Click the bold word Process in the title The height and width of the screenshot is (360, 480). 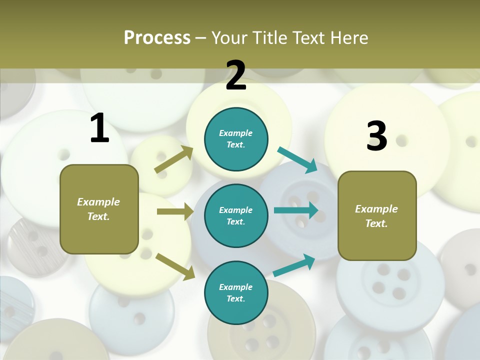click(x=157, y=37)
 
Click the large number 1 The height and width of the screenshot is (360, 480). click(x=99, y=128)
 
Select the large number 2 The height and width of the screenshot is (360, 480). click(x=236, y=75)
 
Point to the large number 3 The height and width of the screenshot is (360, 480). click(x=376, y=136)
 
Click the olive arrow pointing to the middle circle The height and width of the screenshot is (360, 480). click(x=175, y=211)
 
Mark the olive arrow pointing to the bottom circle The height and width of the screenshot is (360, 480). click(x=175, y=266)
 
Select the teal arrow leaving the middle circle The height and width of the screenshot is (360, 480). click(x=296, y=210)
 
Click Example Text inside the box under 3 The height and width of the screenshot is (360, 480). click(x=376, y=216)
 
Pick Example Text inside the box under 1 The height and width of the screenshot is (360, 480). click(x=98, y=209)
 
